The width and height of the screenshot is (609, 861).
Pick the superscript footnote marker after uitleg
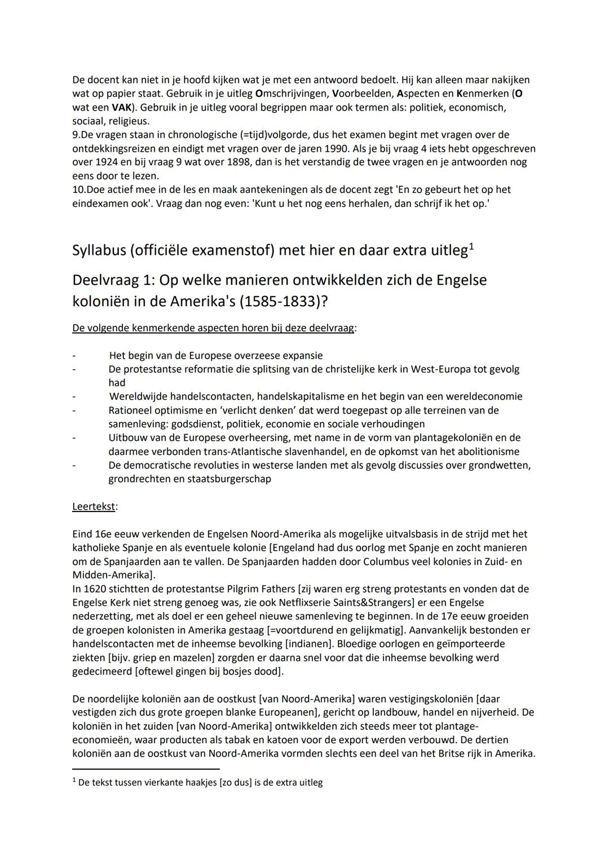pos(471,246)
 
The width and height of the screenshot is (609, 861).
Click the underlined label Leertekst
pos(94,506)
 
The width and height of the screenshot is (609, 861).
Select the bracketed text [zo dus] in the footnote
pos(236,783)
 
